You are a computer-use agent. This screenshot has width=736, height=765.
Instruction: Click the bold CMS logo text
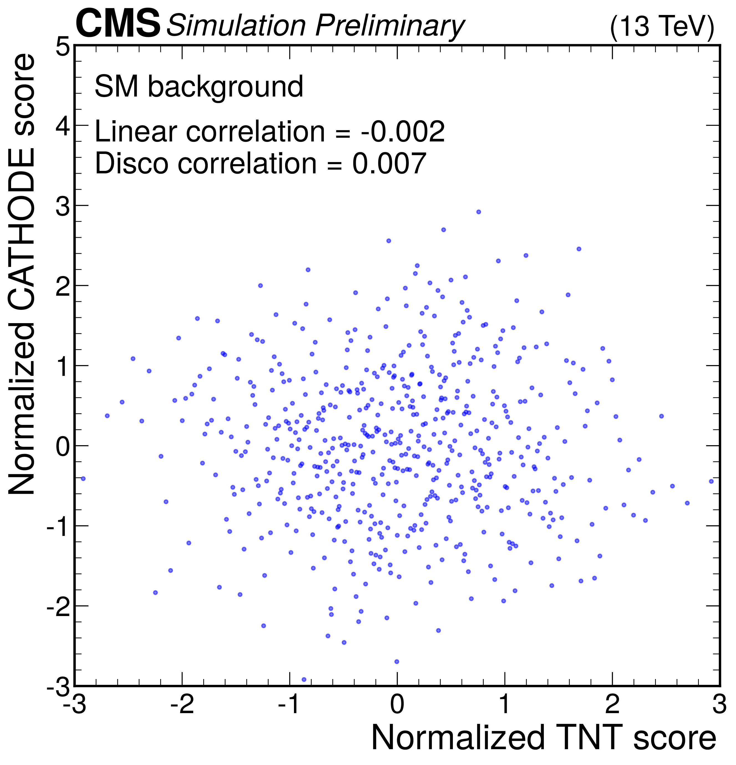point(118,24)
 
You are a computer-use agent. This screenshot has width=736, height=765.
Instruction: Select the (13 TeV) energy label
point(662,27)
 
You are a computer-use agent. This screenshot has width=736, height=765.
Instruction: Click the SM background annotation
point(199,86)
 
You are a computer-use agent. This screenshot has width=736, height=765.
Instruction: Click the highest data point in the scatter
point(478,212)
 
